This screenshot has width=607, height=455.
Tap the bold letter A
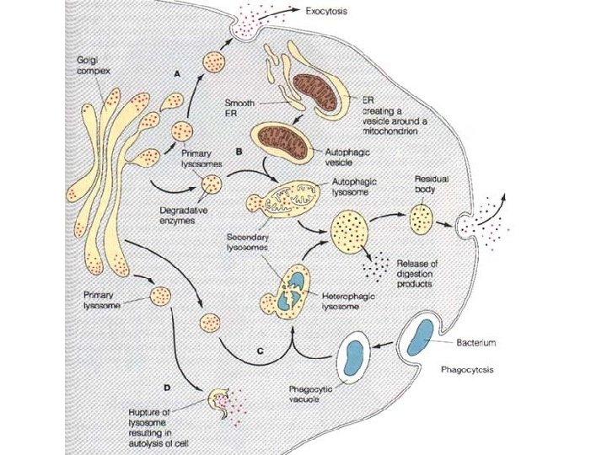click(177, 74)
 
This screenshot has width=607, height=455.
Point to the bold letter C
click(260, 350)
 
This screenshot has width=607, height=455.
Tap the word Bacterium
click(476, 343)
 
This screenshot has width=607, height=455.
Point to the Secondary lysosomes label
click(248, 242)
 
